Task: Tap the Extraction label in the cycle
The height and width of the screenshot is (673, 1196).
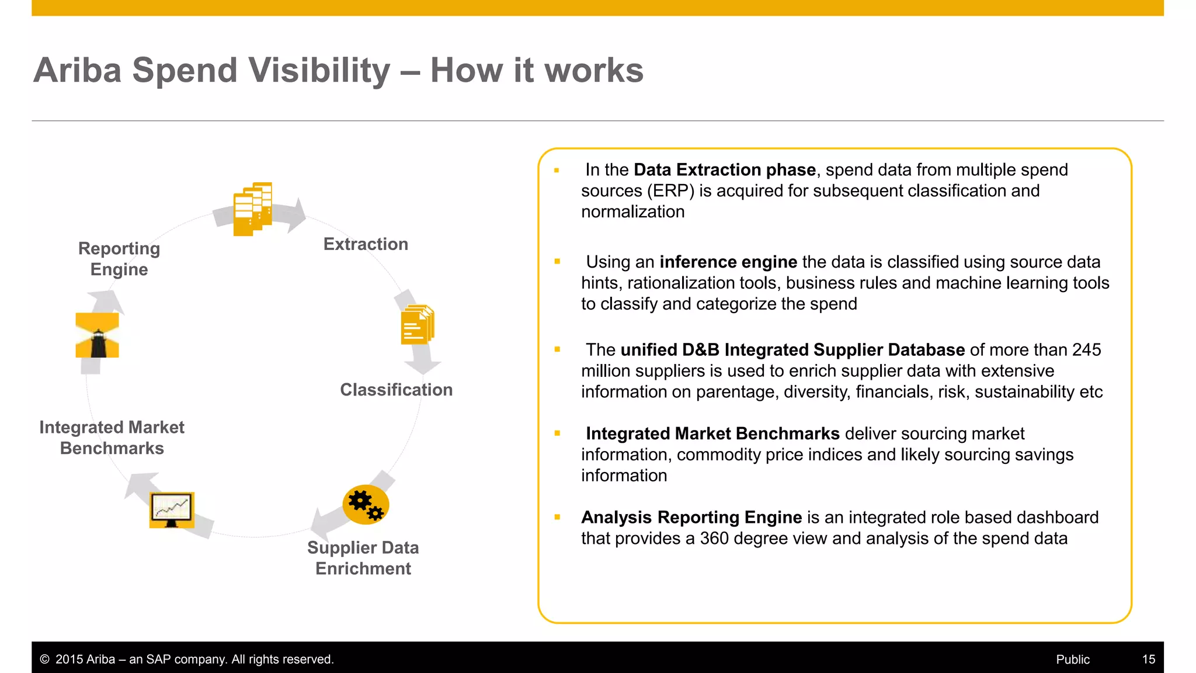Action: tap(366, 244)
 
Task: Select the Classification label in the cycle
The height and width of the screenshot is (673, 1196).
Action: tap(396, 390)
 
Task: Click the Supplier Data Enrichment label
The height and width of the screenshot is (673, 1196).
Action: tap(363, 558)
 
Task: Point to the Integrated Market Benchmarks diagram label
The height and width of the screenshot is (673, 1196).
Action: tap(112, 438)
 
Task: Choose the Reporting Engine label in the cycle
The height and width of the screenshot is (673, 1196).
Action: tap(119, 259)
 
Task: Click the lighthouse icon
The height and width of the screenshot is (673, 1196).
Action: tap(98, 335)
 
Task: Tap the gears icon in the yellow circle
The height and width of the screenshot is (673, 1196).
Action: tap(366, 505)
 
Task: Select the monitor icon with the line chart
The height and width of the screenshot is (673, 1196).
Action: tap(171, 509)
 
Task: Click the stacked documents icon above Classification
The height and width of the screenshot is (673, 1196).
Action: tap(418, 325)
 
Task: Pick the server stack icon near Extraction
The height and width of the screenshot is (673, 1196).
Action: tap(252, 209)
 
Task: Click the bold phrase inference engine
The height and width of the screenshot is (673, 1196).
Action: tap(728, 262)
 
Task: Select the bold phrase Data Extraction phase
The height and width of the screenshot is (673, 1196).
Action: tap(724, 169)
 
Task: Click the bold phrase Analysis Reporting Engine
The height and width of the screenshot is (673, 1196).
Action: tap(691, 517)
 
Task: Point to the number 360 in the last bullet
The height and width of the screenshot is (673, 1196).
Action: tap(714, 538)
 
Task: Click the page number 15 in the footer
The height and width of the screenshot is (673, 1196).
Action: tap(1148, 659)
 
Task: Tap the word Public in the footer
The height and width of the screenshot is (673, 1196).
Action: tap(1072, 659)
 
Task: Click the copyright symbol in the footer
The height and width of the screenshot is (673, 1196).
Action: tap(44, 659)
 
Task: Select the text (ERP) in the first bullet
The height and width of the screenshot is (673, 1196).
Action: tap(670, 190)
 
